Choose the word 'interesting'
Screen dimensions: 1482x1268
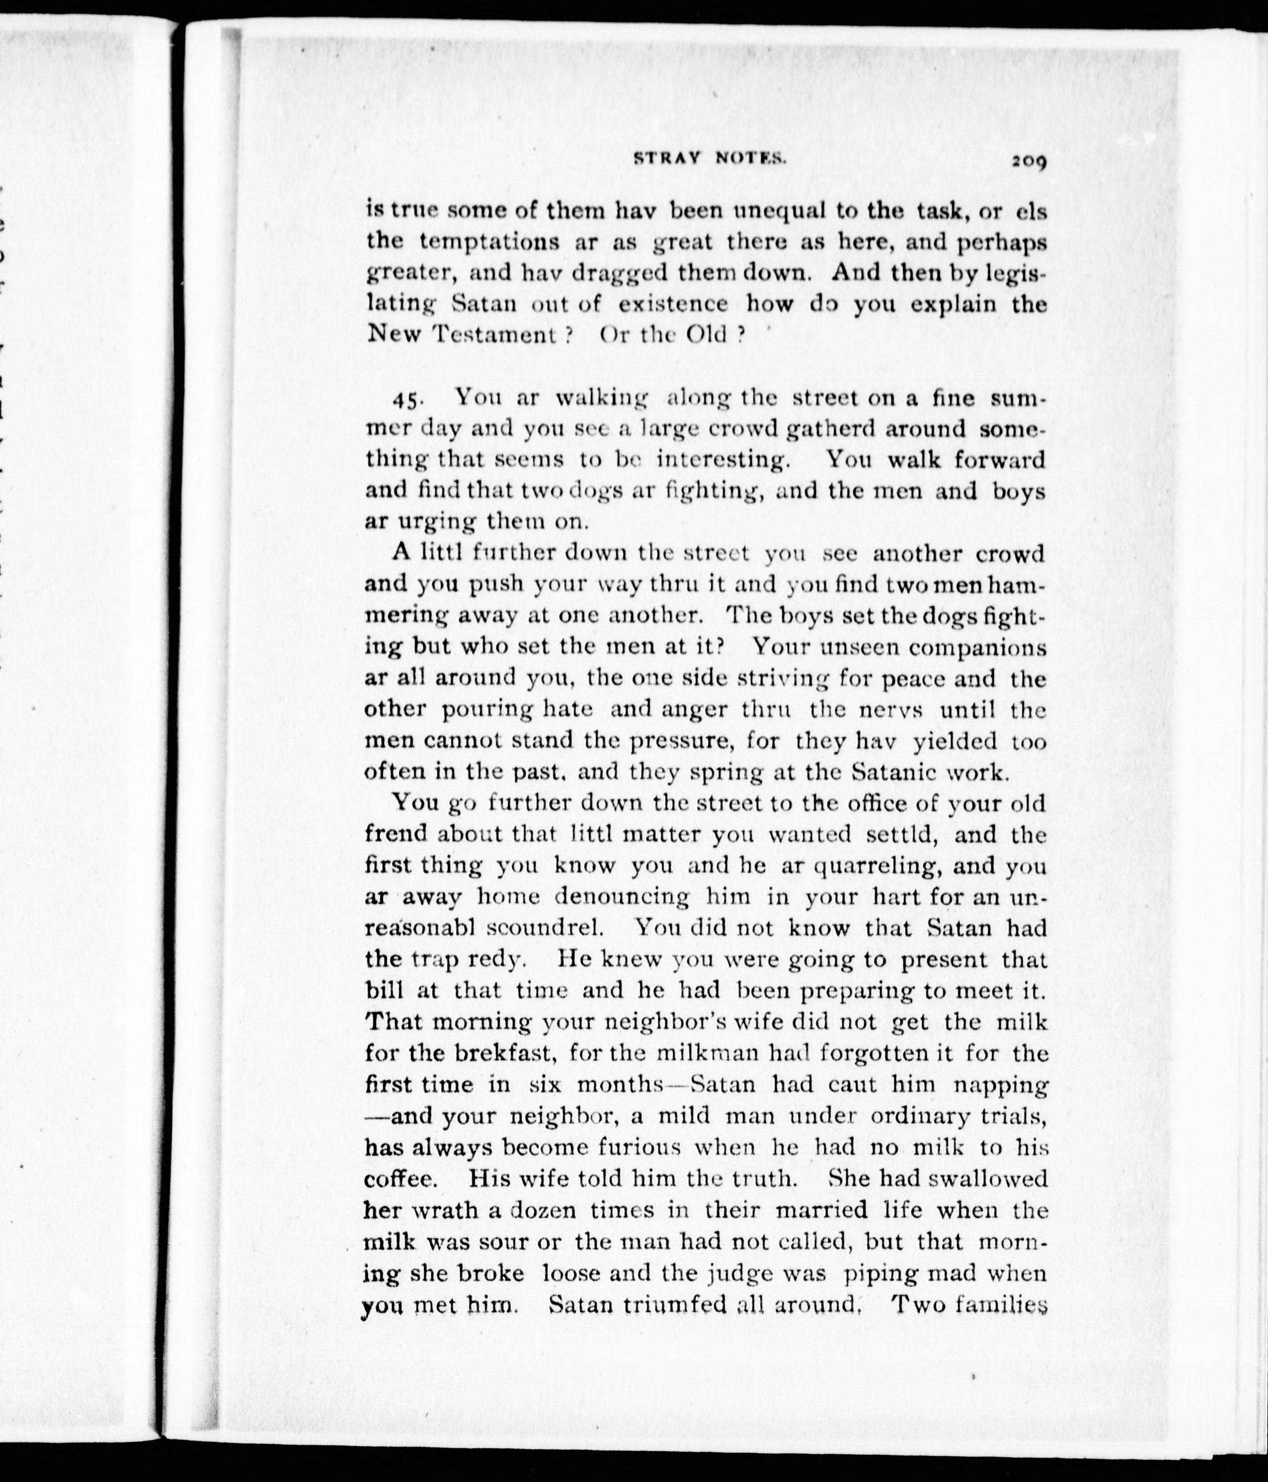[720, 460]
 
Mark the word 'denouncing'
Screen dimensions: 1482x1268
[622, 897]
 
